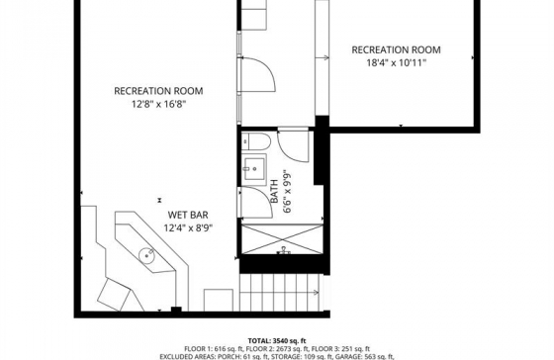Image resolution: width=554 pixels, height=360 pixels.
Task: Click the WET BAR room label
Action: point(188,215)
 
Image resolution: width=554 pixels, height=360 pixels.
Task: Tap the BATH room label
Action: point(274,191)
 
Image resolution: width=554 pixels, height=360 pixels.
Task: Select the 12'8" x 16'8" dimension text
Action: point(158,104)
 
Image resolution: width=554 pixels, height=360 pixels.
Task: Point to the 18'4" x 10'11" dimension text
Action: point(396,63)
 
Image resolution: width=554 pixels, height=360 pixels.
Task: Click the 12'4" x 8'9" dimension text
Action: point(188,227)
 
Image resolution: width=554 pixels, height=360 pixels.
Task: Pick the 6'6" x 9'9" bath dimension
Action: point(287,193)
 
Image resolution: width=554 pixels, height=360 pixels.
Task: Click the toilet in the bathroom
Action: point(256,141)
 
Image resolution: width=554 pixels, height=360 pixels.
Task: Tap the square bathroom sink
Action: point(253,168)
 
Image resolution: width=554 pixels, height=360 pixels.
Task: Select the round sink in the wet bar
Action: point(146,254)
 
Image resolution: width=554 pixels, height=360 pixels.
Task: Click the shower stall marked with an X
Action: point(282,239)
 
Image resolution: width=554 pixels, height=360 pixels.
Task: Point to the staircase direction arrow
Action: point(316,293)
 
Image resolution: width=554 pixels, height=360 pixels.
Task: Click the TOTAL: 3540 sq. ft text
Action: point(277,341)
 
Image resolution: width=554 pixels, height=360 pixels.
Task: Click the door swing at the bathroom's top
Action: point(293,146)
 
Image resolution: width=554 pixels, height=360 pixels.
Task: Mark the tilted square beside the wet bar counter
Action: point(114,295)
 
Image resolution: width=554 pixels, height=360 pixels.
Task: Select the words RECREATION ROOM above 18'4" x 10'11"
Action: point(396,49)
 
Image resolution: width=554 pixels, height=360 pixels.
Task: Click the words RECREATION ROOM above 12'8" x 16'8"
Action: point(158,91)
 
